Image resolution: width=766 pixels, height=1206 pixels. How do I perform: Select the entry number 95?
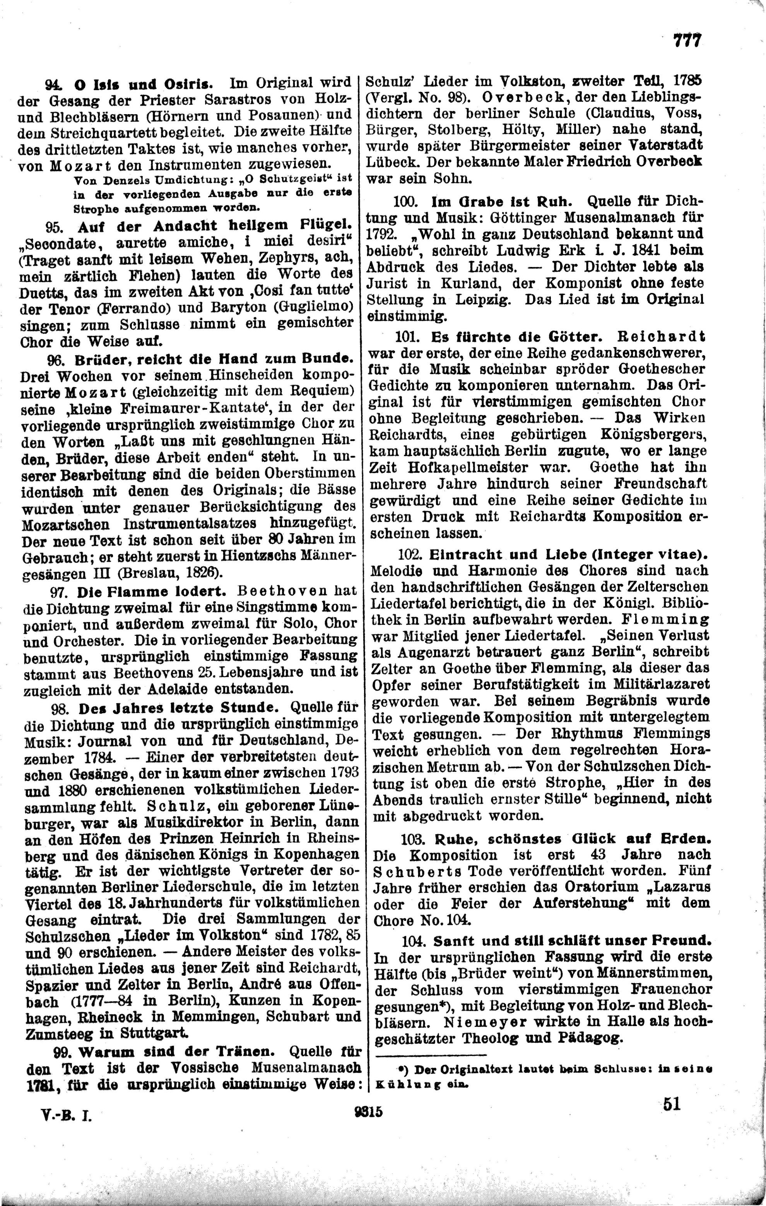coord(53,226)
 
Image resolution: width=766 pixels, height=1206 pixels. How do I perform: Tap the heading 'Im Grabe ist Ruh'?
coord(501,202)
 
